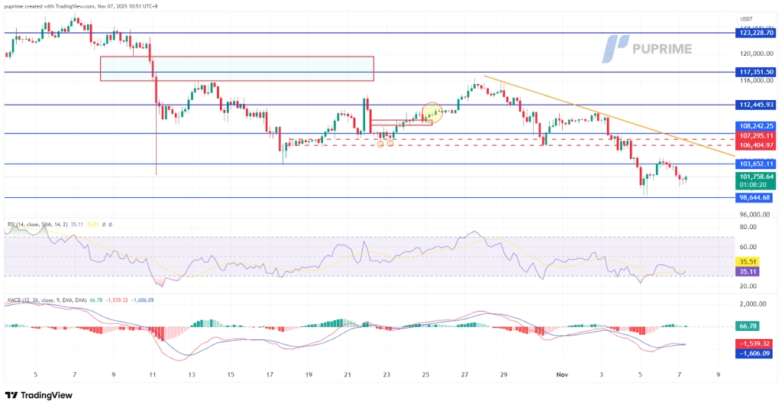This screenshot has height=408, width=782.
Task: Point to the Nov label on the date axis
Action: click(562, 374)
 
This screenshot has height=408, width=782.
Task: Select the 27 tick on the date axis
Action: click(464, 374)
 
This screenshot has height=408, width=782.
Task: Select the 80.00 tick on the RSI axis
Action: click(748, 227)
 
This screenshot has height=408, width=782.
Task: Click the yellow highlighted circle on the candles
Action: click(432, 113)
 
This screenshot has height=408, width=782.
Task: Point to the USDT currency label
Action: click(746, 19)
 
